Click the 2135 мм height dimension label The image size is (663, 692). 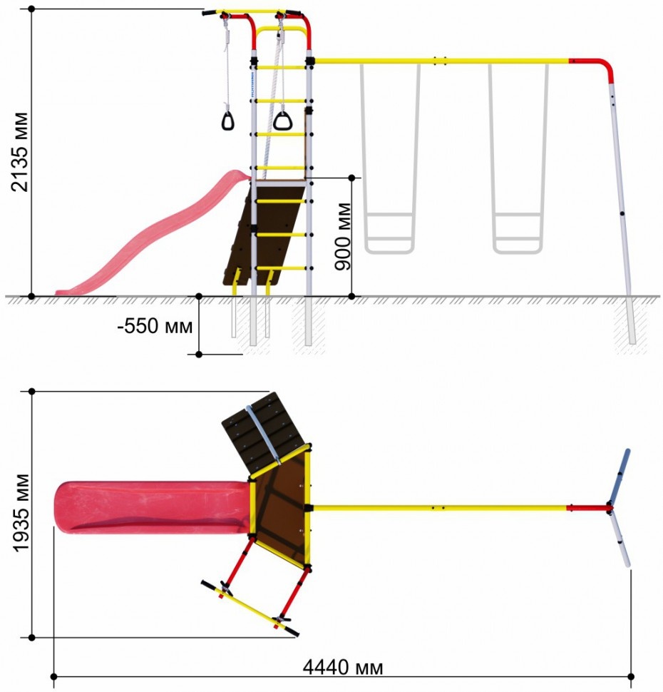20,152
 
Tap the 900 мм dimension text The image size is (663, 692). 343,236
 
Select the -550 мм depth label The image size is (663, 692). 155,326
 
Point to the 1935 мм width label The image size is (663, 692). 21,512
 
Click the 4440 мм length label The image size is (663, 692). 343,667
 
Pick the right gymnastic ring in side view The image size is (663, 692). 282,121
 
